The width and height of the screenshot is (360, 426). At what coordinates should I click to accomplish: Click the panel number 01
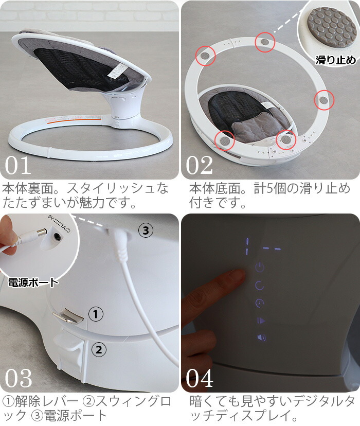click(x=17, y=165)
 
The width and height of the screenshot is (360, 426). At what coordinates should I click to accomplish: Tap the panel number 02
click(x=199, y=165)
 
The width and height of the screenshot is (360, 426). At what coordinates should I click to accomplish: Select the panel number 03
click(x=18, y=378)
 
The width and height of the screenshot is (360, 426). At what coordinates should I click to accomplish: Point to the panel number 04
click(x=200, y=378)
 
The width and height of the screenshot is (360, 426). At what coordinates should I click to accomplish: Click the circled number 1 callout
click(x=96, y=314)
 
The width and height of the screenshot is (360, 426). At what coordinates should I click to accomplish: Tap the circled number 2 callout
click(x=99, y=349)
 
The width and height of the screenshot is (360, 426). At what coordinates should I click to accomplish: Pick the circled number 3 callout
click(x=146, y=230)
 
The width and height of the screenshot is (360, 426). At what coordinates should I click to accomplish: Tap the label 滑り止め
click(x=335, y=60)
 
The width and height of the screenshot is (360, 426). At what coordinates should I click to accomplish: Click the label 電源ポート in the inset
click(x=33, y=282)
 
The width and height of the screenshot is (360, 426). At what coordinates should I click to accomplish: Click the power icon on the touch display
click(x=260, y=268)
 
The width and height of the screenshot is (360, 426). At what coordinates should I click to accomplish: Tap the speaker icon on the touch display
click(x=262, y=338)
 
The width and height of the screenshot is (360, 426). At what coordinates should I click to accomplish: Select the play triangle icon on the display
click(x=261, y=321)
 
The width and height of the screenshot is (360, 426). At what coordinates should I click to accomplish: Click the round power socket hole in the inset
click(x=57, y=236)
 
